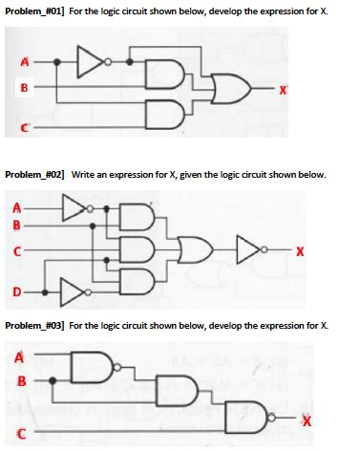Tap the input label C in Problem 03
[x=21, y=436]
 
